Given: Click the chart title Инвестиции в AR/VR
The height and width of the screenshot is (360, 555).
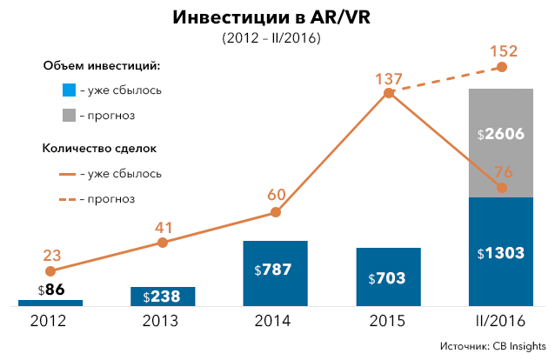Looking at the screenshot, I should click(277, 18).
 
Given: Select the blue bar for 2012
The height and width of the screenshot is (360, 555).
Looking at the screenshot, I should click(50, 303).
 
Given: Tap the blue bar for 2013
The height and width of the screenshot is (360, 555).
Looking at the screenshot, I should click(163, 296).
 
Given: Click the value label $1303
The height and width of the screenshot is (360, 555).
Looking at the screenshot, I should click(500, 253).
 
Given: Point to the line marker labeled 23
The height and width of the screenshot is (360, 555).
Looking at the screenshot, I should click(50, 271).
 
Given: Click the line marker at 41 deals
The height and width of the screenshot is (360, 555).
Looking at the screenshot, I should click(163, 243).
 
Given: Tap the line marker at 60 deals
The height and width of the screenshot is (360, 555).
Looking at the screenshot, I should click(276, 212).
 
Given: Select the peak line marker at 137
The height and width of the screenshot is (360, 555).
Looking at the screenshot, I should click(389, 92).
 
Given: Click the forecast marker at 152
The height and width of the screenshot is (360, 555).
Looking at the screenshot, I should click(501, 67).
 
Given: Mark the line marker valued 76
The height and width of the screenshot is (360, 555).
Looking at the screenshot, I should click(501, 188).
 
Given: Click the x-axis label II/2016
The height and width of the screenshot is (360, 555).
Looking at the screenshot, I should click(500, 321).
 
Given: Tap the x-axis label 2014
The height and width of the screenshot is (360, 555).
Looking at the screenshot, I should click(276, 321).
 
